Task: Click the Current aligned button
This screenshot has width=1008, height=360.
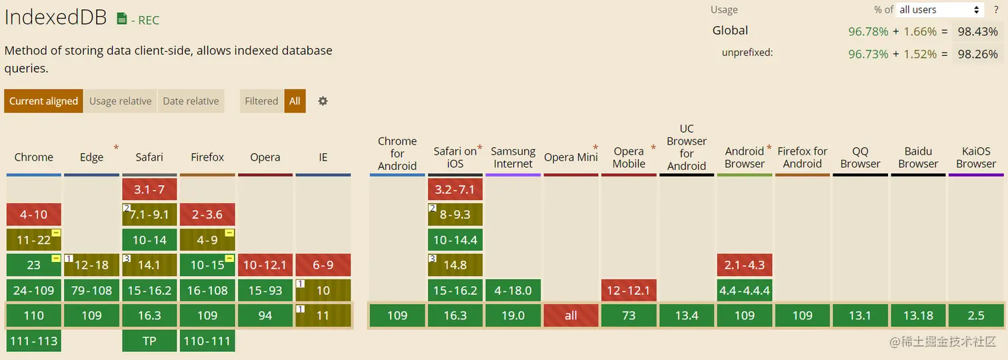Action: click(x=43, y=101)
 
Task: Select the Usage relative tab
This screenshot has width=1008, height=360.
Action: click(x=120, y=101)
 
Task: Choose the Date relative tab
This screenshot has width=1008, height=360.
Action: click(x=191, y=101)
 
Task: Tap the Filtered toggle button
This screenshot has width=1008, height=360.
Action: click(x=261, y=101)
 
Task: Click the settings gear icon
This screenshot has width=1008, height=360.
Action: click(x=323, y=101)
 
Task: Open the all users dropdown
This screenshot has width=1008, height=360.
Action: click(x=940, y=10)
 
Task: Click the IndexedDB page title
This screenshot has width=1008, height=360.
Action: click(x=55, y=18)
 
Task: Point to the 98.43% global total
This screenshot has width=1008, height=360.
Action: click(x=977, y=31)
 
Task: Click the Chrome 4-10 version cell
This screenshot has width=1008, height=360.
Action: click(x=33, y=215)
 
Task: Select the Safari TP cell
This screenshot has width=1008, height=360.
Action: click(x=149, y=341)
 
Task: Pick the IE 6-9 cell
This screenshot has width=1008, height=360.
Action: click(x=323, y=265)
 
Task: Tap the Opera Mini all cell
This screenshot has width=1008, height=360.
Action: click(x=571, y=315)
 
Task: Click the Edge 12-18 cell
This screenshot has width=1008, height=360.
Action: click(x=91, y=265)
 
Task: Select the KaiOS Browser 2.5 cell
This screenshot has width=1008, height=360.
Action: click(x=976, y=315)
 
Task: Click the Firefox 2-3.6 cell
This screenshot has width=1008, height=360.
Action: click(x=207, y=215)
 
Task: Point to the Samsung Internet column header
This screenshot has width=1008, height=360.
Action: click(x=513, y=157)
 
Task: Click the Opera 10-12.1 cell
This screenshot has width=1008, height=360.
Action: click(x=265, y=265)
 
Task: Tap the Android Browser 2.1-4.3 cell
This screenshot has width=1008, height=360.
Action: click(x=745, y=265)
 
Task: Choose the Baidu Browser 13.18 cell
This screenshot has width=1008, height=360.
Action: click(x=918, y=315)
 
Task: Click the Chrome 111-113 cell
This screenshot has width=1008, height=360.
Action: click(x=33, y=341)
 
